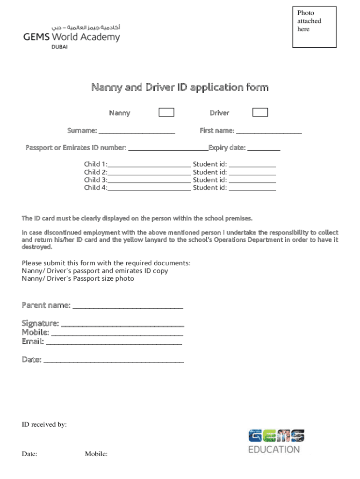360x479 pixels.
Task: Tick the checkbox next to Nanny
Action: pos(166,112)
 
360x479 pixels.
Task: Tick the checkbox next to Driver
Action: pos(260,112)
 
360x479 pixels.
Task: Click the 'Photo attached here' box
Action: pos(314,27)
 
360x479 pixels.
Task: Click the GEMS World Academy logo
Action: pos(72,36)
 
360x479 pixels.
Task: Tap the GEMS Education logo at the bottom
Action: pos(276,441)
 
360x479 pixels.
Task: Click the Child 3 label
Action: pos(95,180)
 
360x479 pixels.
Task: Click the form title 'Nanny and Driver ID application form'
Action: pos(180,87)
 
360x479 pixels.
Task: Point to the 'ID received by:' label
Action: pos(44,425)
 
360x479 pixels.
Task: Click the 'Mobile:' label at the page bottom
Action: pos(96,454)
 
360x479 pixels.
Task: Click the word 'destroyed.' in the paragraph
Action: pos(37,247)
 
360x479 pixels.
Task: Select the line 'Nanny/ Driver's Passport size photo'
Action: pos(78,279)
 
